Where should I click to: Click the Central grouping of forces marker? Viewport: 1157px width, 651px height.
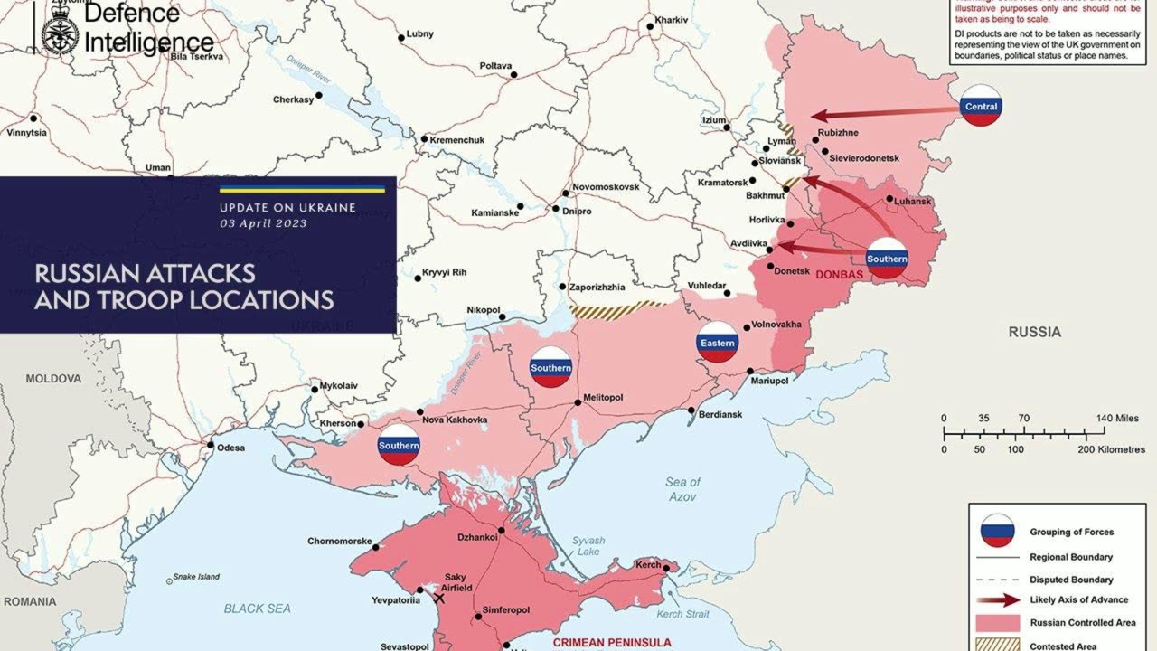(x=981, y=106)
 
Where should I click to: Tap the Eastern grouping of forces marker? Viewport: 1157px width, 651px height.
(x=718, y=343)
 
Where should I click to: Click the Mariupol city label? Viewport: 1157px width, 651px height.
(x=770, y=382)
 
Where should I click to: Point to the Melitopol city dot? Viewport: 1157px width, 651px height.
(x=578, y=403)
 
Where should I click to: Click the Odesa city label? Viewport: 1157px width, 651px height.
(x=230, y=448)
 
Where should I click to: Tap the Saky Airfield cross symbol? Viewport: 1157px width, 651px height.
(x=440, y=598)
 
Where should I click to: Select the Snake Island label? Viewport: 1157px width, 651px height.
(x=196, y=577)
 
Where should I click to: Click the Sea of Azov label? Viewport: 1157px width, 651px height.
(x=682, y=489)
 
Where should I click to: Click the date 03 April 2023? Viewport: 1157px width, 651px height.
(x=263, y=223)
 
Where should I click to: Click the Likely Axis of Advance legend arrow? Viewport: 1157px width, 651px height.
(x=998, y=599)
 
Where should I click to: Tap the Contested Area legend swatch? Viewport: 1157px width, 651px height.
(x=998, y=646)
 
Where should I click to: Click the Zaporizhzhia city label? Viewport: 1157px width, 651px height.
(x=597, y=287)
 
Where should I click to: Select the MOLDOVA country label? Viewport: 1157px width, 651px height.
(x=54, y=378)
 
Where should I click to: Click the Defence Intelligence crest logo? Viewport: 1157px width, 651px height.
(x=60, y=34)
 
